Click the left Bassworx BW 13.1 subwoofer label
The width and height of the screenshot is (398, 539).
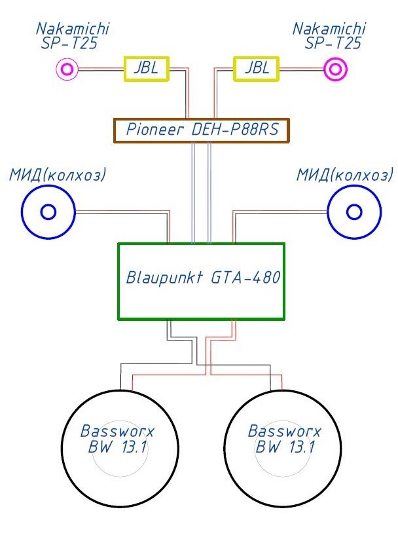pos(117,439)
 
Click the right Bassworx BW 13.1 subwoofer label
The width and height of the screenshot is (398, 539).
pos(284,439)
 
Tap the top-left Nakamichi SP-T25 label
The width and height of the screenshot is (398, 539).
pos(73,36)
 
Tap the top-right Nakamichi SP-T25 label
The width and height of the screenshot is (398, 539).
pos(329,36)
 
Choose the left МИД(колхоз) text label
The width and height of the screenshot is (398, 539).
pos(58,175)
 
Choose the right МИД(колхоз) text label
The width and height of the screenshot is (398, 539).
pos(345,175)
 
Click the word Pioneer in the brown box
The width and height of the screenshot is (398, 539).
pos(155,130)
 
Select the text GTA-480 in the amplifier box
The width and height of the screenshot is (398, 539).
pos(245,278)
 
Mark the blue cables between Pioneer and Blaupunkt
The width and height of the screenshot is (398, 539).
pos(201,193)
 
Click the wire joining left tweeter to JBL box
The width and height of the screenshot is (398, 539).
pos(101,69)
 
